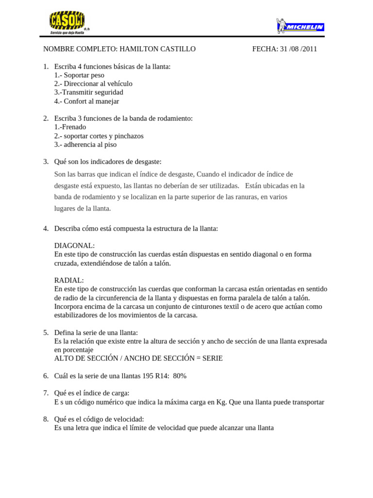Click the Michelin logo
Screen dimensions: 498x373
tap(300, 26)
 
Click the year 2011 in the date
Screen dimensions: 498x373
tap(309, 49)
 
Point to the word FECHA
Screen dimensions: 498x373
tap(265, 49)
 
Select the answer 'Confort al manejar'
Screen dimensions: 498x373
tap(91, 102)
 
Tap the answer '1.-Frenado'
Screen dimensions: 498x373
tap(70, 127)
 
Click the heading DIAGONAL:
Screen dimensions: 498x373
tap(75, 246)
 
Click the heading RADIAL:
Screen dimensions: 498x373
tap(69, 281)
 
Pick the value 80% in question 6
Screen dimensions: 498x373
tap(180, 376)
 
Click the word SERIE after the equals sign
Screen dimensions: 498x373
tap(212, 358)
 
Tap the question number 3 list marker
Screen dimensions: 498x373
tap(46, 161)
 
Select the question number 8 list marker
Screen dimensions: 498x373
tap(46, 419)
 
